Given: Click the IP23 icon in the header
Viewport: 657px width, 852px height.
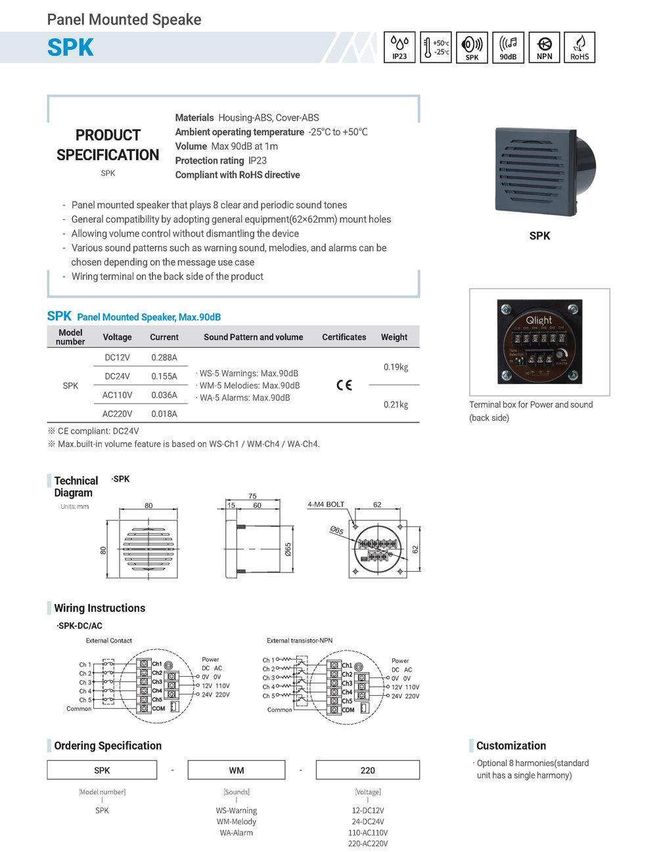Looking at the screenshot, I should [399, 47].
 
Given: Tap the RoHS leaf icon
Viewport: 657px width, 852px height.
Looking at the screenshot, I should [579, 47].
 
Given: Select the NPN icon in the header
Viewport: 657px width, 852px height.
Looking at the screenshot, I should [544, 47].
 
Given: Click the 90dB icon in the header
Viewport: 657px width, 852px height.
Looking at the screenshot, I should [508, 47].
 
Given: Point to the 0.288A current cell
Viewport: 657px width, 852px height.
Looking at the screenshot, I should [164, 358].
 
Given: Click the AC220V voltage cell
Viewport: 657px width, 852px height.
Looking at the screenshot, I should [117, 414].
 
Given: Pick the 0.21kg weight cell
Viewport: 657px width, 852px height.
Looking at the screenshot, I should [396, 405].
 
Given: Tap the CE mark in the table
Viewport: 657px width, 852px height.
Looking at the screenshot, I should [344, 385].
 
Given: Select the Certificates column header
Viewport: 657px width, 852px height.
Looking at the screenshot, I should [344, 337].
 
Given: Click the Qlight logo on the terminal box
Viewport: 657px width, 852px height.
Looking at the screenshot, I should [539, 320].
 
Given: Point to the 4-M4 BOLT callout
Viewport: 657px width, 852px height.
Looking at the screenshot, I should [326, 505].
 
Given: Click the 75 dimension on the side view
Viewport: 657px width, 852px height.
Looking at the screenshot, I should [253, 496].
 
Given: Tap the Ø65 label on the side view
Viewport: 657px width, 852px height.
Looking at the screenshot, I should [288, 549].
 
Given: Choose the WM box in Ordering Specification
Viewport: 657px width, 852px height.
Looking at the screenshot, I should [237, 770].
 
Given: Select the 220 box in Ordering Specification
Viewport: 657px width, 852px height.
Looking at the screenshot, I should [367, 770].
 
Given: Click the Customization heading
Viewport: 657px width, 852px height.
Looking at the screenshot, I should [510, 746].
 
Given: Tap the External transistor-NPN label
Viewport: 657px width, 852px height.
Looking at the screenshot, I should [300, 641].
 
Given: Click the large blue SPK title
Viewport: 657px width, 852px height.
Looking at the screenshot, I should [70, 48].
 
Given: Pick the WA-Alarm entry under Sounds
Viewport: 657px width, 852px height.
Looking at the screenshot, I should [237, 833].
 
